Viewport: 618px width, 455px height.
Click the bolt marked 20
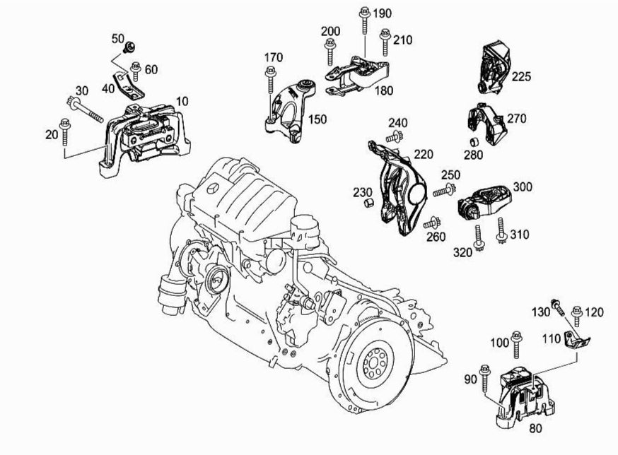[64, 133]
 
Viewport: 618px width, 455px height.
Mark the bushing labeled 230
[368, 205]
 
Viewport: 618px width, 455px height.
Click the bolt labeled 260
[429, 223]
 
